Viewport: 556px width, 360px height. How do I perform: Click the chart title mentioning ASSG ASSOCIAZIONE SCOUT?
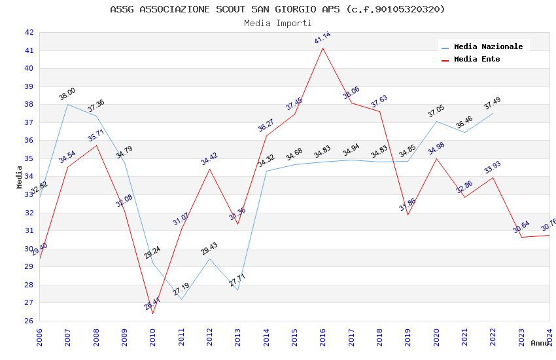(x=277, y=9)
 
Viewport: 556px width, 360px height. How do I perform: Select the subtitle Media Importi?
(x=277, y=23)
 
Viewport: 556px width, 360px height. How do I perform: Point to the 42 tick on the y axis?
(x=29, y=32)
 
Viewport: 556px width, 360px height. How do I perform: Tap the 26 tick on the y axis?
(x=29, y=321)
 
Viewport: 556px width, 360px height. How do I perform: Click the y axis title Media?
(x=20, y=176)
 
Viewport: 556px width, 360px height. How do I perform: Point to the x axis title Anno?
(x=540, y=343)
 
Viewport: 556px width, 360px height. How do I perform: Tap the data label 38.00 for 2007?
(x=67, y=94)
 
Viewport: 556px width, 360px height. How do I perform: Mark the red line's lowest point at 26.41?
(x=153, y=314)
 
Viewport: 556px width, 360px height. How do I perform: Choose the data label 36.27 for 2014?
(x=266, y=126)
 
